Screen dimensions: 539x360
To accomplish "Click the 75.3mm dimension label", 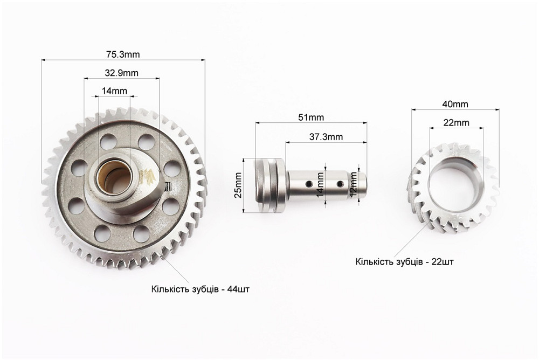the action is point(123,54).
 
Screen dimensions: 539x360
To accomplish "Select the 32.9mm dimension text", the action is point(121,73).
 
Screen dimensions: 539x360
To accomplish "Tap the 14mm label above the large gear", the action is point(114,91).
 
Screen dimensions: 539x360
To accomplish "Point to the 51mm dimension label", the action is point(311,117).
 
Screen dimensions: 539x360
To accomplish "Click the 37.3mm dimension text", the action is point(326,137).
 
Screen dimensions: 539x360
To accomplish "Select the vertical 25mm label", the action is point(238,185).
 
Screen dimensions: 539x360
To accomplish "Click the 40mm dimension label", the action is point(455,104).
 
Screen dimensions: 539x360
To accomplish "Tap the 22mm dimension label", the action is point(456,122).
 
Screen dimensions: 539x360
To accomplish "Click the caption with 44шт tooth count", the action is point(201,289).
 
